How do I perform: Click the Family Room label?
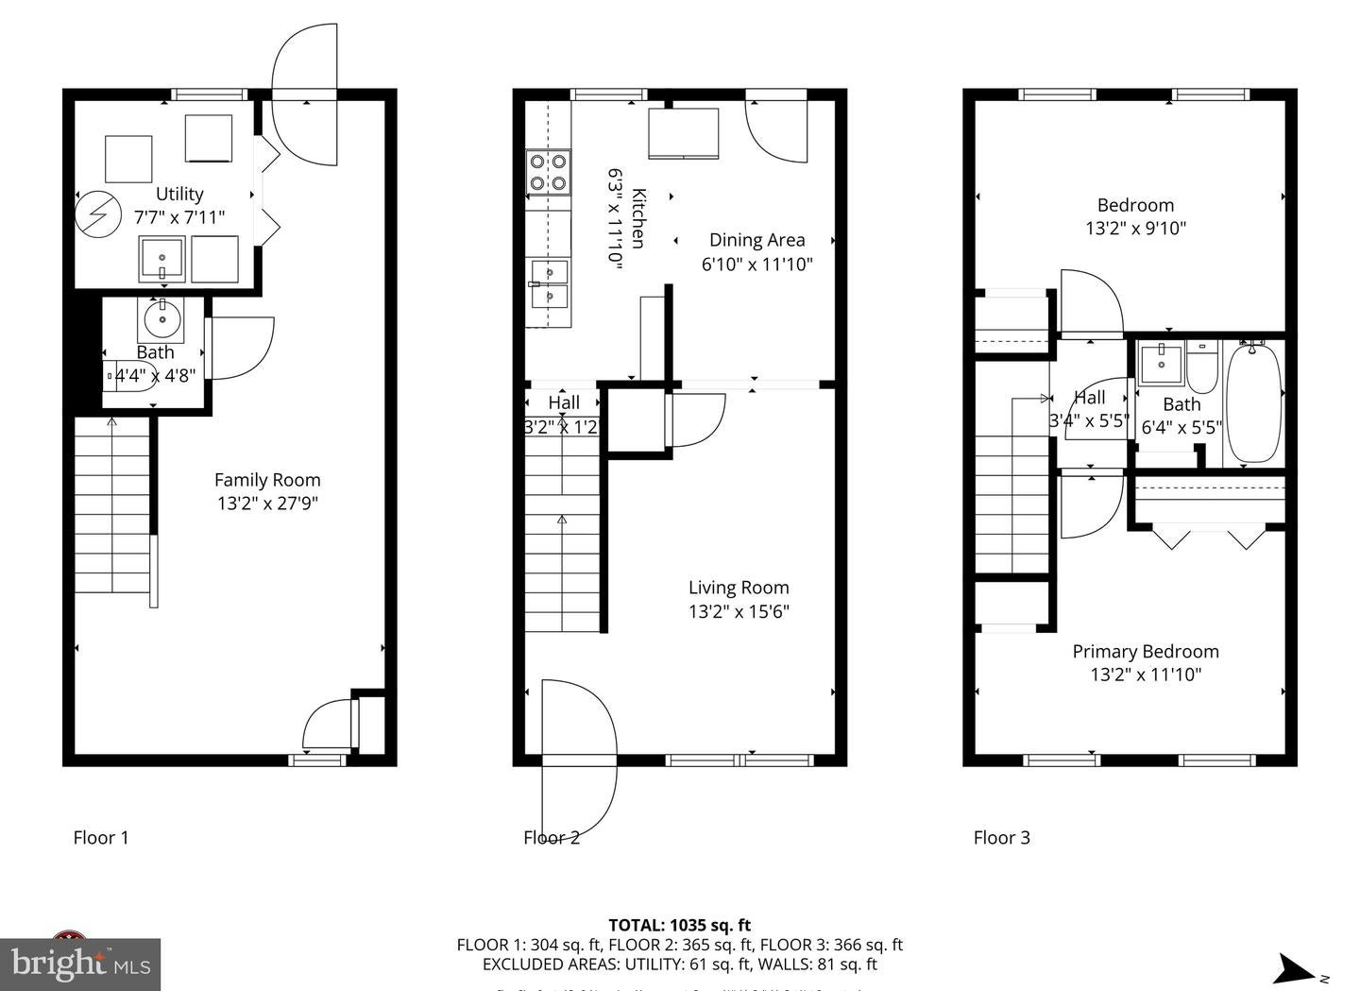pyautogui.click(x=267, y=480)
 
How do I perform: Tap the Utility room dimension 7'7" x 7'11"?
pyautogui.click(x=179, y=217)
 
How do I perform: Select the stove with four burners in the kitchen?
pyautogui.click(x=549, y=172)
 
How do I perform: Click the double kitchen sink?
pyautogui.click(x=549, y=283)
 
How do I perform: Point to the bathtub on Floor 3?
pyautogui.click(x=1254, y=402)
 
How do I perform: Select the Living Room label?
pyautogui.click(x=739, y=588)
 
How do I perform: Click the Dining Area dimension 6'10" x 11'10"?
pyautogui.click(x=756, y=265)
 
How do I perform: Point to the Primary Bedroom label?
pyautogui.click(x=1145, y=651)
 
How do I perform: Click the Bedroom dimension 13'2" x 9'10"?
pyautogui.click(x=1135, y=228)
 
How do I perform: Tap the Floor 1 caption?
pyautogui.click(x=101, y=837)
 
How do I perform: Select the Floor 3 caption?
pyautogui.click(x=1002, y=837)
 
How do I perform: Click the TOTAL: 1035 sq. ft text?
pyautogui.click(x=679, y=925)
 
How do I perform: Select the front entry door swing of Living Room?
pyautogui.click(x=578, y=756)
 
